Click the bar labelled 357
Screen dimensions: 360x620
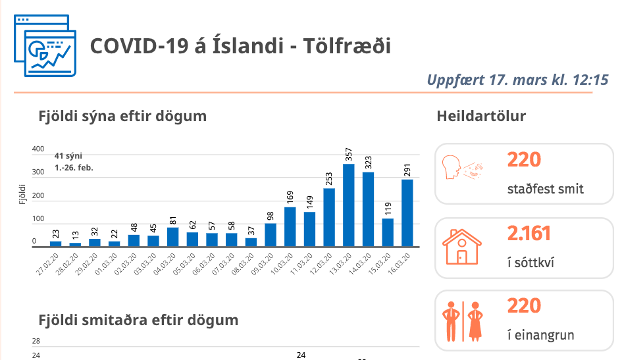349,205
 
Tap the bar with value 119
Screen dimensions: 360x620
388,232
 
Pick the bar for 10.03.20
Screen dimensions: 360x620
290,226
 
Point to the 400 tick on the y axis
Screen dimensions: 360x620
38,149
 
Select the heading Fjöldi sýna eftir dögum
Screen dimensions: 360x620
122,116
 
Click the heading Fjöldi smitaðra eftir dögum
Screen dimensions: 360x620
138,321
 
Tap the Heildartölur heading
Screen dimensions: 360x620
481,116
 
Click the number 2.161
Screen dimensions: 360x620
529,233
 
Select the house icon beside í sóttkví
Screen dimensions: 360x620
461,247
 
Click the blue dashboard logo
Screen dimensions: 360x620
45,45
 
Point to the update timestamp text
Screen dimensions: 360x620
517,80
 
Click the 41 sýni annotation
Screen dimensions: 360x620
74,161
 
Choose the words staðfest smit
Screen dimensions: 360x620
546,190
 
